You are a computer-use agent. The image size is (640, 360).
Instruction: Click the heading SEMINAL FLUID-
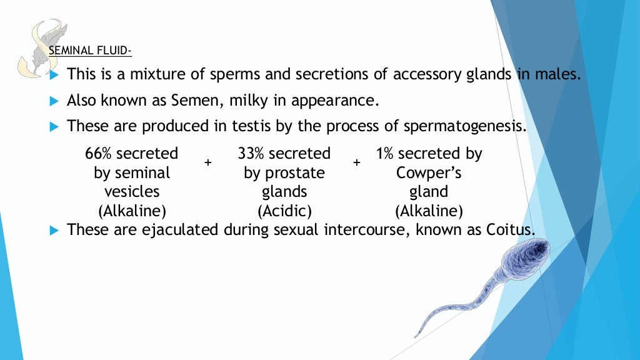pyautogui.click(x=90, y=51)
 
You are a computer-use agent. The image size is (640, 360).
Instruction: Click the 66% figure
pyautogui.click(x=99, y=154)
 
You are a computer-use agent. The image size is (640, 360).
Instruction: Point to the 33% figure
pyautogui.click(x=251, y=154)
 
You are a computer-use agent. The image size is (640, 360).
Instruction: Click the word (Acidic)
pyautogui.click(x=284, y=210)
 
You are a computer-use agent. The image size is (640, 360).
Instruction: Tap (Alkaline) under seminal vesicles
pyautogui.click(x=132, y=210)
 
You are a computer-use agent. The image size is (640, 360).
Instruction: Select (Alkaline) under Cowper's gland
pyautogui.click(x=429, y=210)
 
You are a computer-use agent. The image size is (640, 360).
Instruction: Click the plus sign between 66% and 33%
pyautogui.click(x=208, y=162)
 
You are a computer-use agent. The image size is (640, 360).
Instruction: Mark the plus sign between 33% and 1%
pyautogui.click(x=357, y=162)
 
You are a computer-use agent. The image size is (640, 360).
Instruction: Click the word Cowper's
pyautogui.click(x=429, y=172)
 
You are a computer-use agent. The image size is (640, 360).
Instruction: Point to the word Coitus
pyautogui.click(x=510, y=229)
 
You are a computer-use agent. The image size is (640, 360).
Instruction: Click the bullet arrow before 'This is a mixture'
pyautogui.click(x=53, y=75)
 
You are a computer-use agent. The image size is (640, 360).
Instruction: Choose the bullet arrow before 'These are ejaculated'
pyautogui.click(x=53, y=230)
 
